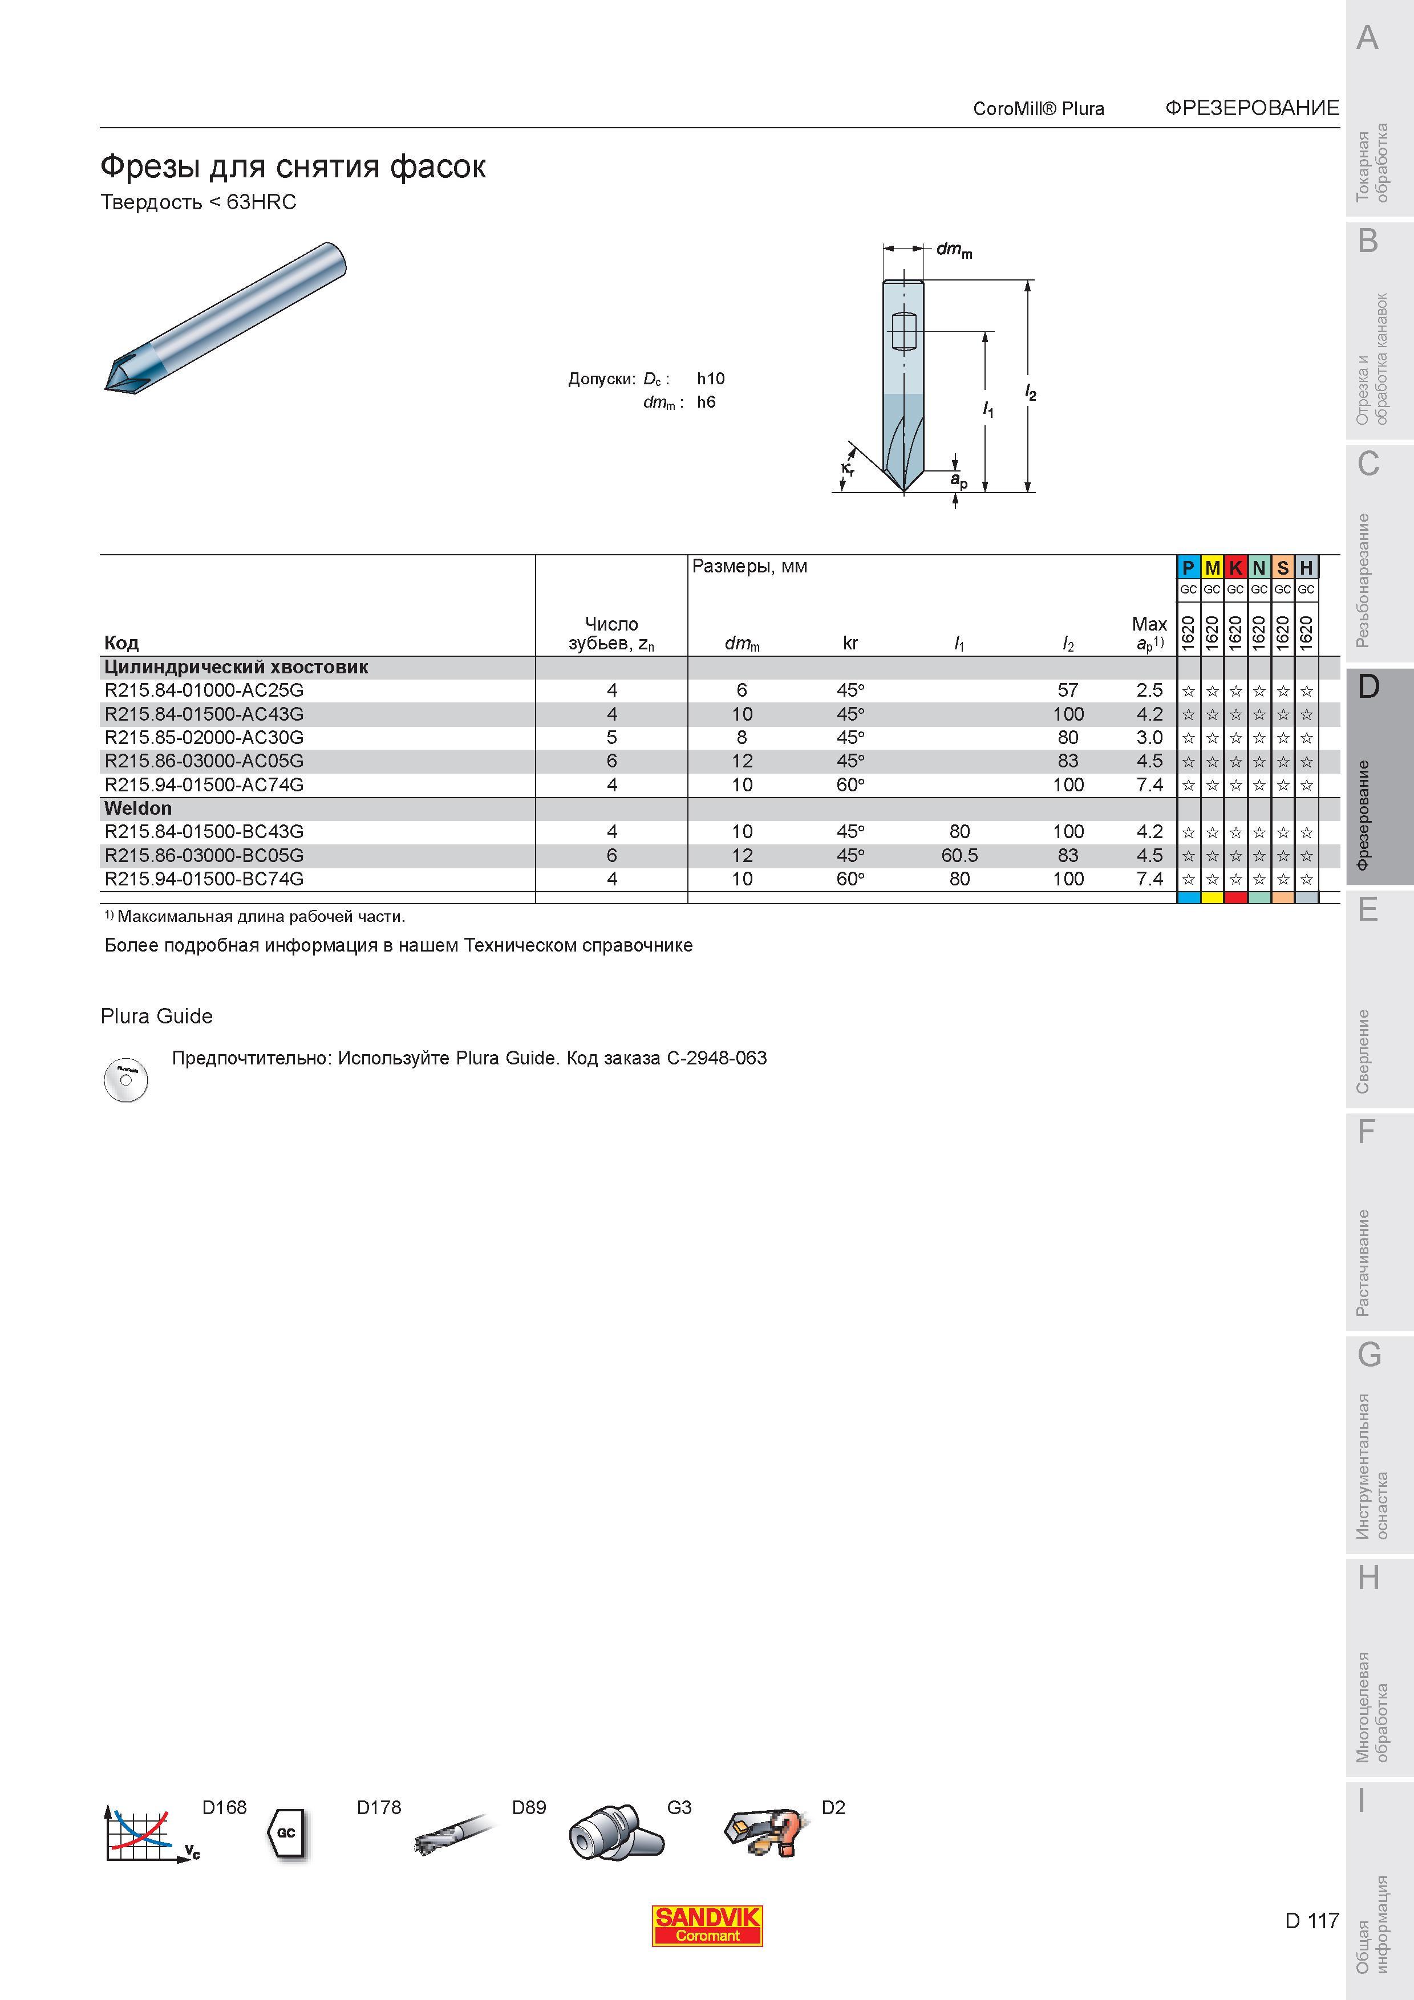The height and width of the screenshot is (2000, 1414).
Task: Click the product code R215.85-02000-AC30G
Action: (204, 737)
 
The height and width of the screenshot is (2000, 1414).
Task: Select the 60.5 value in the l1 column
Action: (959, 855)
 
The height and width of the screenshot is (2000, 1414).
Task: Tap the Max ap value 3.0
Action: (1149, 737)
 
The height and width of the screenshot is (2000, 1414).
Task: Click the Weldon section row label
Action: (137, 808)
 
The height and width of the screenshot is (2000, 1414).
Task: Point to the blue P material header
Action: (1188, 568)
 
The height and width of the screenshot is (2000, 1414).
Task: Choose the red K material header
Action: (1235, 568)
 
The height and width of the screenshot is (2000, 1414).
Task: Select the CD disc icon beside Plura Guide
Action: (125, 1080)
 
